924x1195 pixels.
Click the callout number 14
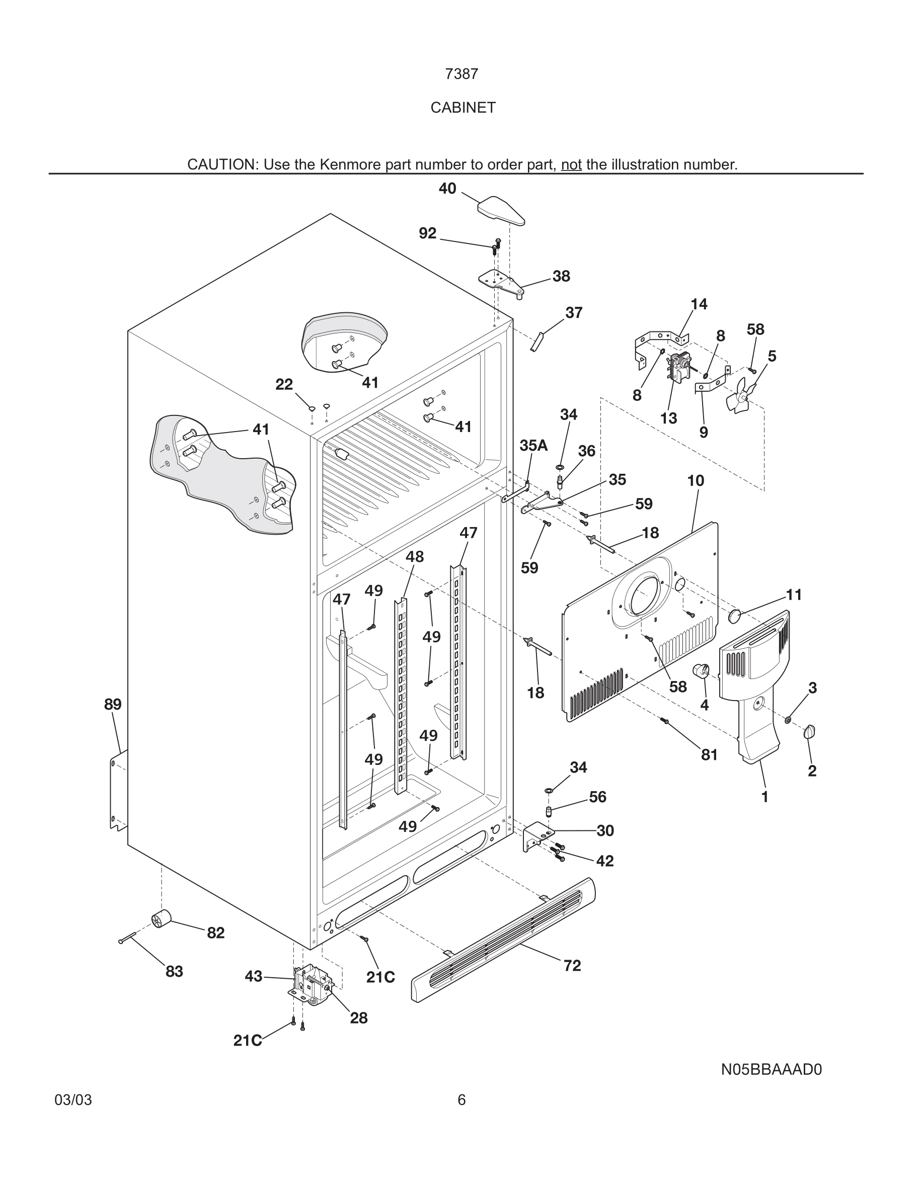(699, 304)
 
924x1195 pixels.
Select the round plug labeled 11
(735, 616)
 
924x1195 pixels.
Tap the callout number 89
(113, 705)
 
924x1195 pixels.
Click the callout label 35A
(533, 446)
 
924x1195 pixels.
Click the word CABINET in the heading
(463, 108)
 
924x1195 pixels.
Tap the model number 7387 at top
(461, 74)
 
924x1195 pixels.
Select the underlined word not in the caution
(571, 164)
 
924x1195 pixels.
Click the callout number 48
(414, 557)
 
